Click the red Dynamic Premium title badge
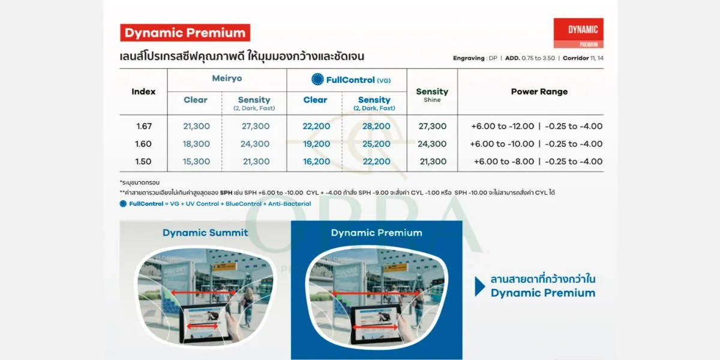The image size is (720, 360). pyautogui.click(x=185, y=33)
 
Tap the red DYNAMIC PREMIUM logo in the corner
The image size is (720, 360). pyautogui.click(x=578, y=33)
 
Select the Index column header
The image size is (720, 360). pyautogui.click(x=143, y=92)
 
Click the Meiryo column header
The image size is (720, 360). pyautogui.click(x=227, y=79)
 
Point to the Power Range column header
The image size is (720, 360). pyautogui.click(x=539, y=92)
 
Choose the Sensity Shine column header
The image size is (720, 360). pyautogui.click(x=432, y=94)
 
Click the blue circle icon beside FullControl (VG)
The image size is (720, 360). pyautogui.click(x=317, y=79)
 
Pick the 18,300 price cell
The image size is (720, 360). pyautogui.click(x=196, y=144)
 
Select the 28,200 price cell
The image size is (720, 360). pyautogui.click(x=376, y=127)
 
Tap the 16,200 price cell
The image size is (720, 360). pyautogui.click(x=316, y=161)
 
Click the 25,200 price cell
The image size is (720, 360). pyautogui.click(x=376, y=144)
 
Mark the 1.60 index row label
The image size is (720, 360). pyautogui.click(x=143, y=144)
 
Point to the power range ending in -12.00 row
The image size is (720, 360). pyautogui.click(x=537, y=127)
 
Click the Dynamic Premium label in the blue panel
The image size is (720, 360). pyautogui.click(x=376, y=233)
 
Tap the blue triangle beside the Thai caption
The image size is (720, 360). pyautogui.click(x=479, y=286)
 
